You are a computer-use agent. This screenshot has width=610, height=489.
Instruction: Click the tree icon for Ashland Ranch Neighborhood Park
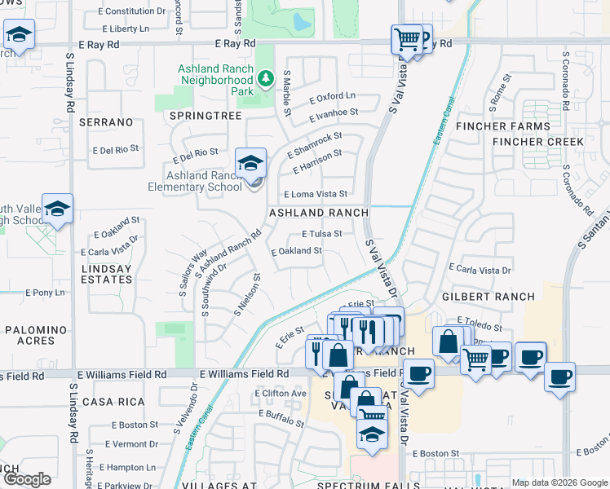point(264,79)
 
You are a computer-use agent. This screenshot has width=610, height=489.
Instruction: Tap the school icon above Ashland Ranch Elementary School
point(251,162)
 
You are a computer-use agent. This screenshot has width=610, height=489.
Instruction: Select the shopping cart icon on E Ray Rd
point(407,38)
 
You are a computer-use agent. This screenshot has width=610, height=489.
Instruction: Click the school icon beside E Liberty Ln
point(18,35)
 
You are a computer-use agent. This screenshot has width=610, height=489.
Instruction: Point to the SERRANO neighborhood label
point(106,122)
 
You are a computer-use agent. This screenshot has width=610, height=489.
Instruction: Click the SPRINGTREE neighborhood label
point(206,116)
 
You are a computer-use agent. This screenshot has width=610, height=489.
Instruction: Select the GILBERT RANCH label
point(489,297)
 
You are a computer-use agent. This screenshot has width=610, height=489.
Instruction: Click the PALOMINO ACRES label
point(36,336)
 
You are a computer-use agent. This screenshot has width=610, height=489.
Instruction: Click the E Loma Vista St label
point(315,194)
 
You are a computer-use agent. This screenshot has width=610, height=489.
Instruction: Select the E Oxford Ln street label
point(333,96)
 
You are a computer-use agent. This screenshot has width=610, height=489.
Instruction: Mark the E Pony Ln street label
point(45,292)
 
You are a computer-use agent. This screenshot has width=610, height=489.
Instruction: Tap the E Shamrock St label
point(315,144)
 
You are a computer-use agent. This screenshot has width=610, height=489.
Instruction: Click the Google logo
point(27,479)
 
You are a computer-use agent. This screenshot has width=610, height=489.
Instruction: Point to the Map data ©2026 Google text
point(559,482)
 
